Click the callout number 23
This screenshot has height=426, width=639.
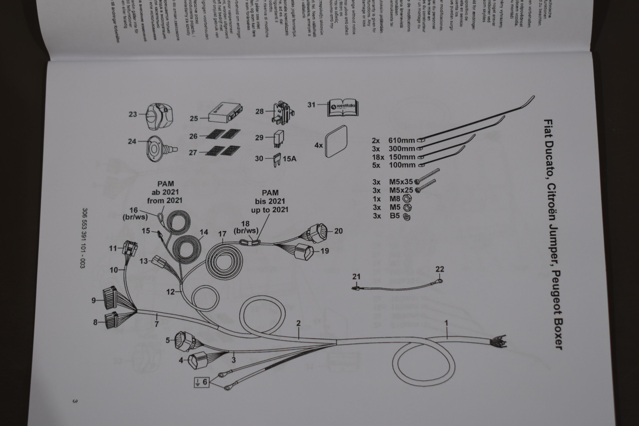[x=133, y=114]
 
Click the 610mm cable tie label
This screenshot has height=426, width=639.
[x=402, y=141]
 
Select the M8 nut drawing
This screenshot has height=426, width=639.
[x=407, y=199]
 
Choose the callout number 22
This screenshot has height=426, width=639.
[x=440, y=269]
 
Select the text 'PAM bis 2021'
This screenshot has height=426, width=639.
[x=270, y=197]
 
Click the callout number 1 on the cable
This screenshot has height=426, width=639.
[x=446, y=323]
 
